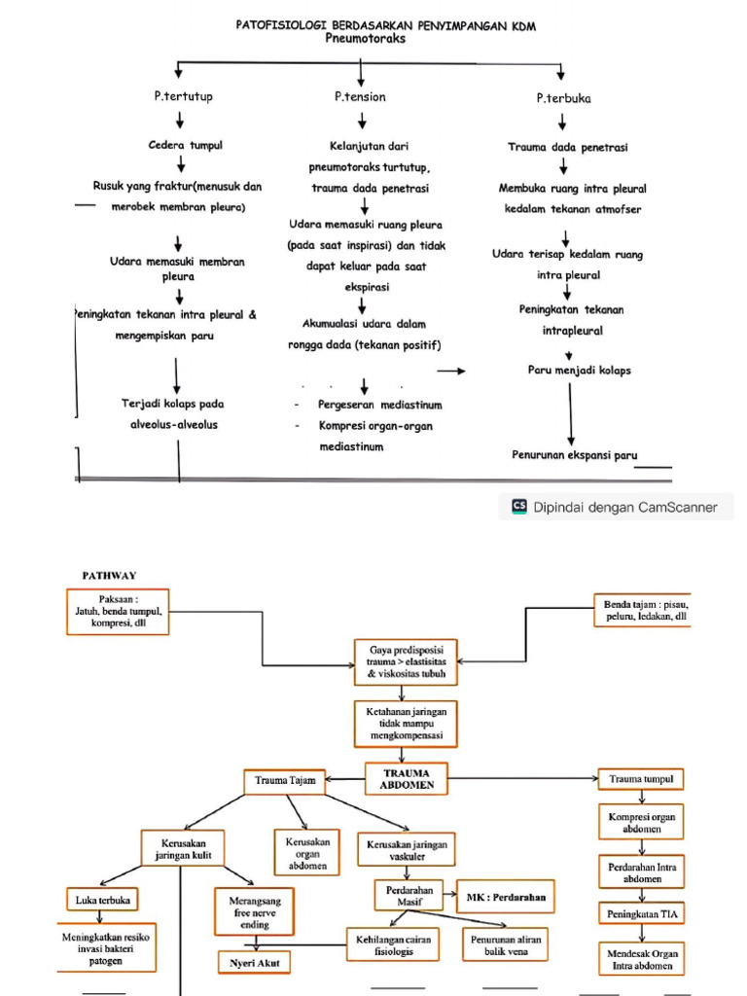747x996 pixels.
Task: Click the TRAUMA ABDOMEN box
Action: point(407,779)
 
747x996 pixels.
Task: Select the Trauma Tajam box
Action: point(285,781)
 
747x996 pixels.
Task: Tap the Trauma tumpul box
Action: point(641,779)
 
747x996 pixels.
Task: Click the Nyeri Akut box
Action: point(254,963)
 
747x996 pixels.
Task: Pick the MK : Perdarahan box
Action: point(506,897)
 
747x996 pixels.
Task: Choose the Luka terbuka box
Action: point(102,900)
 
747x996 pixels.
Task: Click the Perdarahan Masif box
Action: point(409,896)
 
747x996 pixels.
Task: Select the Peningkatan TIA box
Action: point(642,913)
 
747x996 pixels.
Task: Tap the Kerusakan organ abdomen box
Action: point(307,853)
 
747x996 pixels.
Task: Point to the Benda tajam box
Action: point(643,611)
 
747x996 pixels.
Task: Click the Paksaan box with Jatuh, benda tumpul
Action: point(118,611)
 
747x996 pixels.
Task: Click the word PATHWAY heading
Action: point(109,576)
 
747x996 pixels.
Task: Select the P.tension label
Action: point(360,96)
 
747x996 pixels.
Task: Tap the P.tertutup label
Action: point(184,96)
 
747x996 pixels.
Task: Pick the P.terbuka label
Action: point(563,98)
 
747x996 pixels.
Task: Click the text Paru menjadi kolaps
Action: point(580,370)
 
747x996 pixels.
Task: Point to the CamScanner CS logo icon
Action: point(519,506)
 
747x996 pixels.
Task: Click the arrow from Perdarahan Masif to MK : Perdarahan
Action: point(450,895)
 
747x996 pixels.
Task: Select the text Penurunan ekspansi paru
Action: point(574,455)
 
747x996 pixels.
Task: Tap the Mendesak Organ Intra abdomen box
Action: point(642,959)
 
